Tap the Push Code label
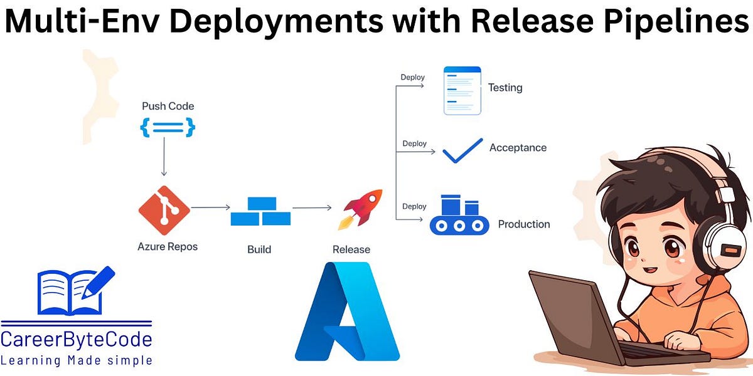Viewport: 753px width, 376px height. click(168, 106)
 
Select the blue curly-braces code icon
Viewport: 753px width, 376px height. click(168, 128)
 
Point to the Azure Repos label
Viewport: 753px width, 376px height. click(168, 246)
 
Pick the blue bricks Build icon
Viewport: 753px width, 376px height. click(260, 212)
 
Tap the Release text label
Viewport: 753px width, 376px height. click(351, 249)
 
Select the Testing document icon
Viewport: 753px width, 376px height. click(462, 90)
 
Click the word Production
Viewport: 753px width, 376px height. click(523, 224)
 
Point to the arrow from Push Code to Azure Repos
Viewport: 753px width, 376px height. click(164, 157)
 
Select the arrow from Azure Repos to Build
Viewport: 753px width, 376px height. click(210, 206)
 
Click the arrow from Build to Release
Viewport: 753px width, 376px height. click(311, 207)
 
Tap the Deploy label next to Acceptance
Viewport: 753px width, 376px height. click(414, 144)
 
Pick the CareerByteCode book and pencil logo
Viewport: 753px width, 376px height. click(75, 291)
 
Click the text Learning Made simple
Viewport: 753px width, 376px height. click(76, 360)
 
